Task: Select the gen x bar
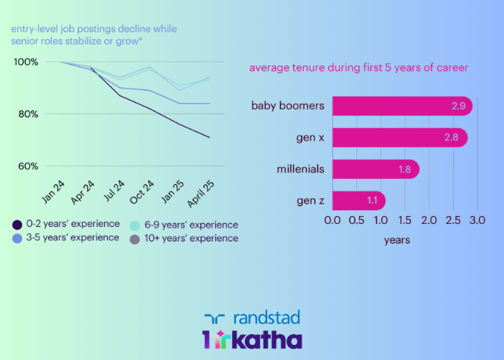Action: [400, 138]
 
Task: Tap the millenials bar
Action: [375, 169]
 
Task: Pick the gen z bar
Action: [359, 200]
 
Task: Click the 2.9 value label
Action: [458, 106]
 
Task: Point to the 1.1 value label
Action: [372, 200]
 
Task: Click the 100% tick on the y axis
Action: [26, 62]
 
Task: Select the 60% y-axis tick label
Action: [27, 166]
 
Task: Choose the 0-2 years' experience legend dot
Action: [17, 224]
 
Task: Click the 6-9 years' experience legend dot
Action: [135, 224]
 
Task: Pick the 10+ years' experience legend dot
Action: [135, 238]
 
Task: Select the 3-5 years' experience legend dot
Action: [17, 238]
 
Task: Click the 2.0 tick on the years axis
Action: [429, 219]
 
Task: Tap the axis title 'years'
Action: [397, 240]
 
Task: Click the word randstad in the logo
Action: [266, 318]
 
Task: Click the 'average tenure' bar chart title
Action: [359, 68]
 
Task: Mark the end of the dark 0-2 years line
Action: [210, 137]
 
